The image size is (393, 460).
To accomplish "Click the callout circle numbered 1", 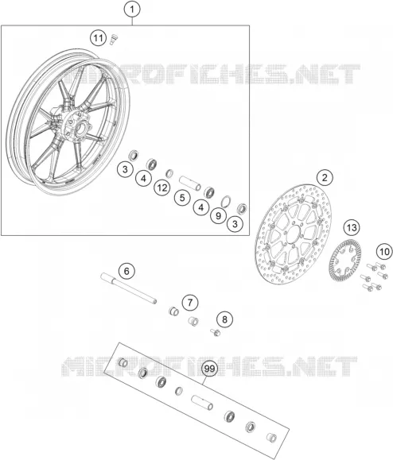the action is tap(132, 10).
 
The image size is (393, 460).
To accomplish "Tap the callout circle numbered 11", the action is tap(98, 38).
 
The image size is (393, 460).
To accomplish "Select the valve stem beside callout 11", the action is tap(113, 39).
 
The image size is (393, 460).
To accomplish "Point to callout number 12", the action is tap(162, 187).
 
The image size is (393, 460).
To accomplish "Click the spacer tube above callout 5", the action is tap(190, 183).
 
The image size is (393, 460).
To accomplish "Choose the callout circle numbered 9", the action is tap(218, 215).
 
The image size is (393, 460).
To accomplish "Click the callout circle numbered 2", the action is tap(325, 178).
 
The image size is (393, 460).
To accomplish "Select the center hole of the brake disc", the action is tap(293, 234).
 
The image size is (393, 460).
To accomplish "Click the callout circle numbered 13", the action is tap(352, 227).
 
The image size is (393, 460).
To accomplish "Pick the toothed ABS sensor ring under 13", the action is tap(344, 261).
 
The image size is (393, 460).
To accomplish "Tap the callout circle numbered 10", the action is tap(384, 251).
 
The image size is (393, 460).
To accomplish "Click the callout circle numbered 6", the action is tap(126, 271).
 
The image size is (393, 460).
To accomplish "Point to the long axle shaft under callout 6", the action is tap(129, 288).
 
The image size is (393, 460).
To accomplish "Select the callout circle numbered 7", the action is tap(190, 303).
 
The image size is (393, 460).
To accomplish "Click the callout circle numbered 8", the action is tap(224, 319).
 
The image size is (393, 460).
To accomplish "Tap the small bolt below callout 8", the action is tap(216, 332).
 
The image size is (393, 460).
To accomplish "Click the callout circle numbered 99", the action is tap(209, 369).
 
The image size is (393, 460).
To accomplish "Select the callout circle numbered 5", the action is tap(182, 198).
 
